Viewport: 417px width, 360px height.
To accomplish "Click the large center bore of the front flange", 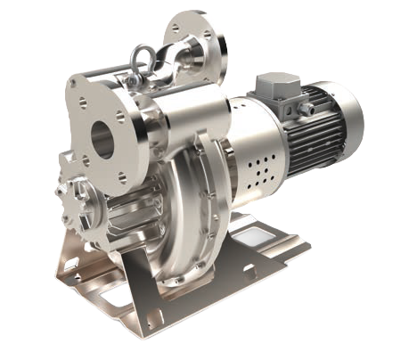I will click(103, 137).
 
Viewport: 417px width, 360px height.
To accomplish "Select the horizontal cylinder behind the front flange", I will click(183, 121).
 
